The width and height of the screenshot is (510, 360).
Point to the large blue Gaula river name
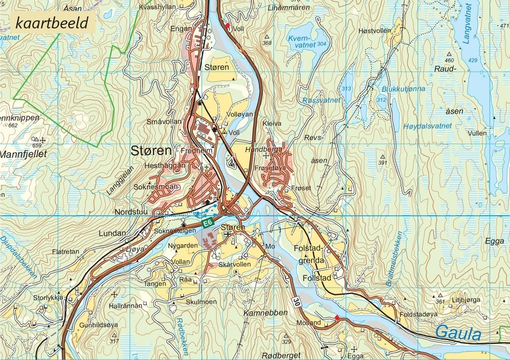[458, 333]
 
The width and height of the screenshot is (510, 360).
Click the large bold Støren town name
[151, 151]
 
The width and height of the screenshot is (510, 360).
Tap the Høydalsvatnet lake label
[427, 126]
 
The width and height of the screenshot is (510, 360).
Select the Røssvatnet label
[321, 100]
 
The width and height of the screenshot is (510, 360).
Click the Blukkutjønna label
[403, 89]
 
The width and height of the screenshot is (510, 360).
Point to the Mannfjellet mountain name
[23, 154]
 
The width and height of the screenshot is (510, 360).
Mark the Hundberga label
[263, 149]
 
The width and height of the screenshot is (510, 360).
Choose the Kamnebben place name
[265, 313]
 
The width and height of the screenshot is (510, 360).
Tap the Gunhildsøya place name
[99, 325]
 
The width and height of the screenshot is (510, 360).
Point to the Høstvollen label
[375, 31]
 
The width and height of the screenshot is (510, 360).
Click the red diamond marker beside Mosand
[337, 318]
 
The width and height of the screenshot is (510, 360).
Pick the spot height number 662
[13, 125]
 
